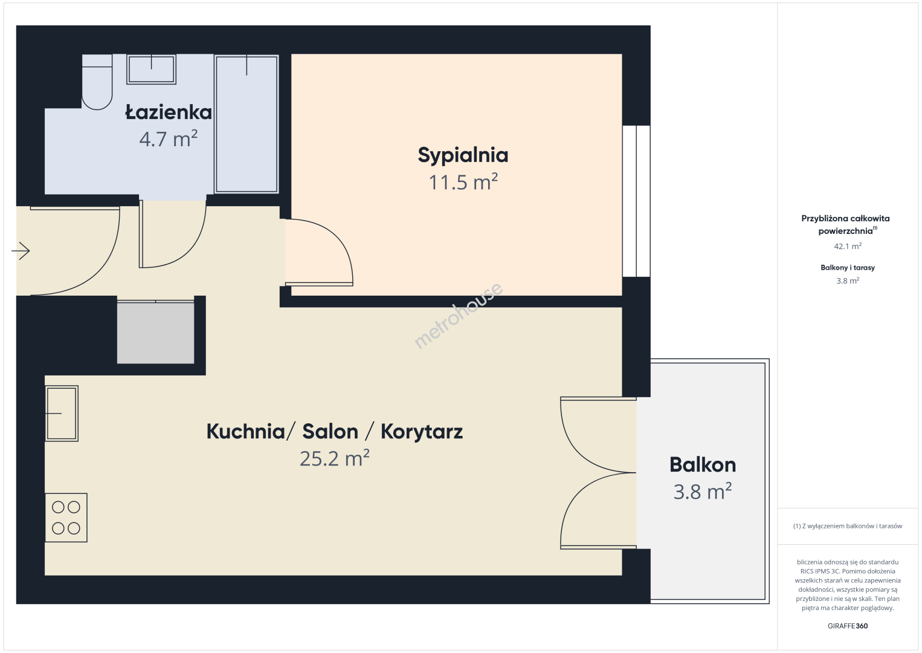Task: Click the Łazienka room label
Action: (x=169, y=112)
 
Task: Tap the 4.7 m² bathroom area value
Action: (x=169, y=138)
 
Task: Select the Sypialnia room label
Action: (x=463, y=156)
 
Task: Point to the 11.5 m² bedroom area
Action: (x=463, y=181)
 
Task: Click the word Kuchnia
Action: (x=246, y=431)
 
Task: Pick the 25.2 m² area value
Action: (x=334, y=458)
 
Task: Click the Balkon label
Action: (x=703, y=465)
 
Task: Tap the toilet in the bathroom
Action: (x=97, y=82)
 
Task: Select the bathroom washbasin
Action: (x=152, y=69)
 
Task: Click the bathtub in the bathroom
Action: (x=247, y=124)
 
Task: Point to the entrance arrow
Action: (x=21, y=251)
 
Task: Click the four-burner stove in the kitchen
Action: (x=66, y=518)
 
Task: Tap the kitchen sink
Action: (x=62, y=413)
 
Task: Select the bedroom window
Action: (x=636, y=201)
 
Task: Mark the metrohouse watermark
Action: (x=458, y=316)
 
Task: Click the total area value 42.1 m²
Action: (x=848, y=246)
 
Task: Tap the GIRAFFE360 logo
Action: (x=848, y=626)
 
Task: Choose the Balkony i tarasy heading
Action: (x=848, y=267)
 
